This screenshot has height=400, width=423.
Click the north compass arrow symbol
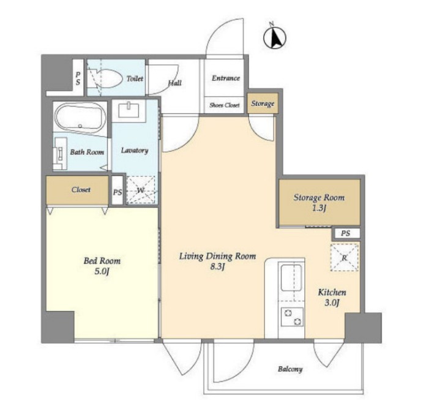(x=275, y=37)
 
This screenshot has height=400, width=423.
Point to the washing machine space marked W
(x=141, y=190)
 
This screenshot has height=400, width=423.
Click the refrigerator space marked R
(x=345, y=257)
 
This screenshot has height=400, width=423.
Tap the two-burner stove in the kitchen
(x=292, y=317)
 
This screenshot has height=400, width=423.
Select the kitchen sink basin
(x=291, y=277)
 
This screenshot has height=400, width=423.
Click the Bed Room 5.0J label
(x=102, y=266)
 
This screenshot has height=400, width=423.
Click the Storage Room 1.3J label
(x=319, y=202)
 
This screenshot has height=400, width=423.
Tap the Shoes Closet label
(x=225, y=105)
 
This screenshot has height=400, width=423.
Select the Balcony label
(x=290, y=369)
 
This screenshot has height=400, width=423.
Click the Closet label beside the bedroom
(x=81, y=190)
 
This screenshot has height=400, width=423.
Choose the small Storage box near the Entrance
(x=263, y=104)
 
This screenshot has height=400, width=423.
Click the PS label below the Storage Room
(x=346, y=233)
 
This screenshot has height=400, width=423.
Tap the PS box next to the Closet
(x=118, y=190)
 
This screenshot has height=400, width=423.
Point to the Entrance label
(x=226, y=78)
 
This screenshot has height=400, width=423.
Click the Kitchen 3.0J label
(x=332, y=298)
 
